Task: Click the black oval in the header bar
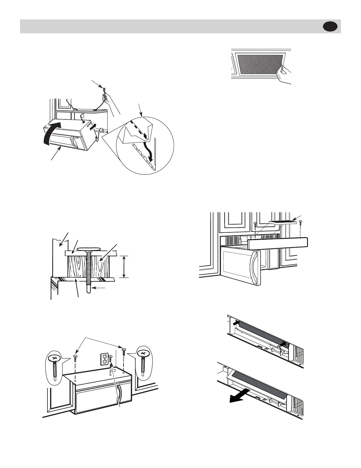[331, 27]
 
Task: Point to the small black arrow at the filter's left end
[235, 324]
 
